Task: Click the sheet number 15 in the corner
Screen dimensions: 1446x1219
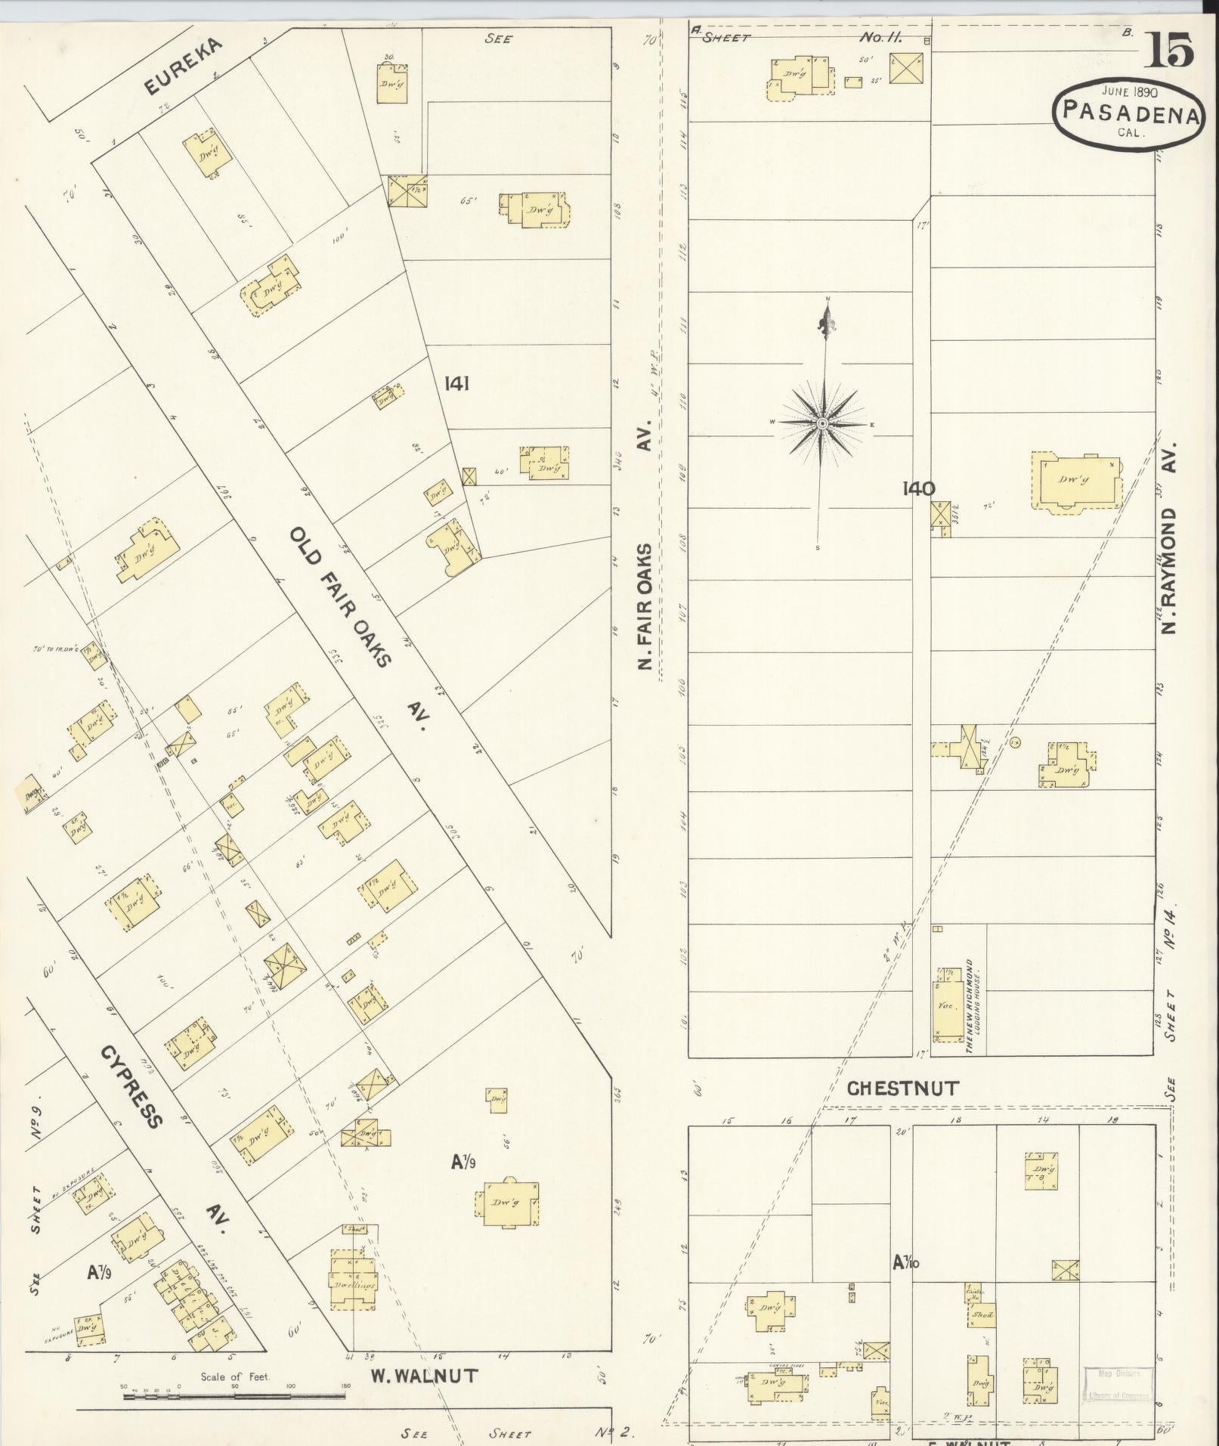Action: tap(1172, 51)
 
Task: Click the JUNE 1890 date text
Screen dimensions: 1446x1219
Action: tap(1129, 91)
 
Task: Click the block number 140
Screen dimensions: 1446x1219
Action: tap(917, 489)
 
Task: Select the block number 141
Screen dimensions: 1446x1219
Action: tap(456, 384)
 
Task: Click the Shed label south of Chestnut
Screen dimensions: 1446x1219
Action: tap(982, 1315)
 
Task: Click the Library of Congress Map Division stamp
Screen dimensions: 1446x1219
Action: tap(1119, 1385)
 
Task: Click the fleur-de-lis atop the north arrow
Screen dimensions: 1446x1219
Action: tap(825, 324)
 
